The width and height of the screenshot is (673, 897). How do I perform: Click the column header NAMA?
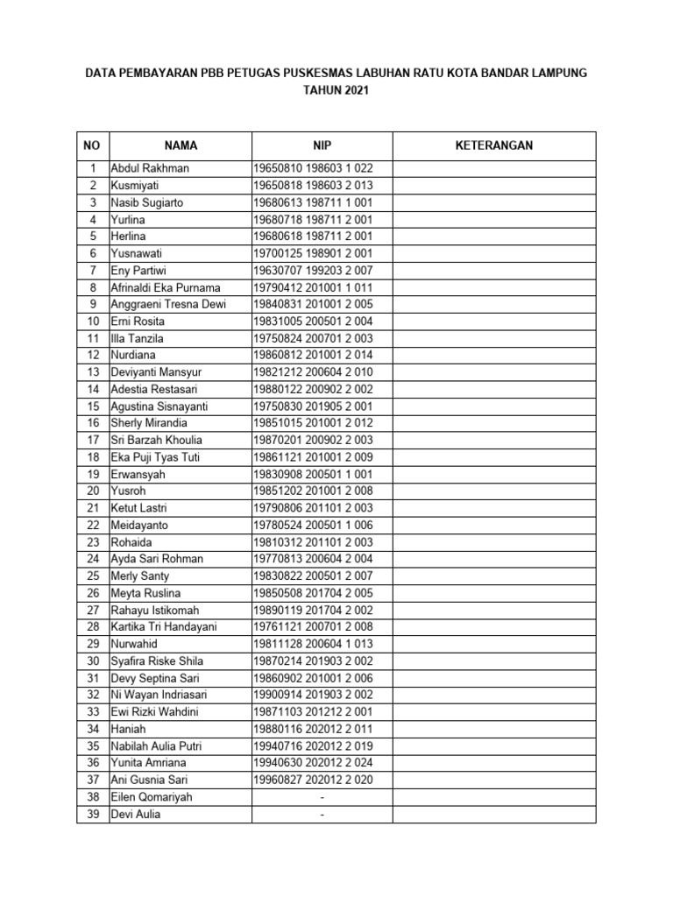click(181, 145)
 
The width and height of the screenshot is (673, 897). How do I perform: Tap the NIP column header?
click(322, 145)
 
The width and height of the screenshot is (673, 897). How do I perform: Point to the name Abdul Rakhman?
click(149, 168)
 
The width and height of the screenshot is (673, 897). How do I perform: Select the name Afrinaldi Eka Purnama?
click(165, 287)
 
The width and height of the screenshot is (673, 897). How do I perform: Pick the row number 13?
click(92, 372)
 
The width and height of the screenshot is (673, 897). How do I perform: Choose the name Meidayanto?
click(138, 526)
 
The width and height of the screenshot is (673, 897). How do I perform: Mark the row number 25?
click(92, 576)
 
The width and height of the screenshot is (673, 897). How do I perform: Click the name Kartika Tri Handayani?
click(164, 627)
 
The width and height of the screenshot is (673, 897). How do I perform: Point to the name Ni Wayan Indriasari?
click(160, 695)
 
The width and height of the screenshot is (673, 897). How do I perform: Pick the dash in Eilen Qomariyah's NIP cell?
click(322, 797)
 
